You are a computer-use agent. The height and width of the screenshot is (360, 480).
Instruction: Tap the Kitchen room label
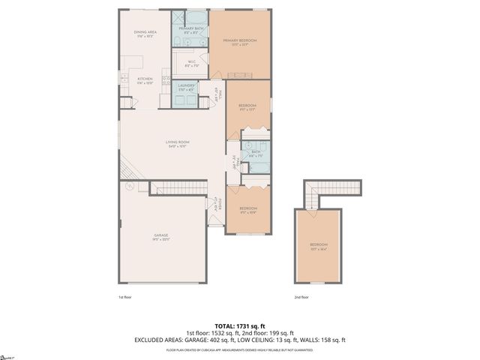145,80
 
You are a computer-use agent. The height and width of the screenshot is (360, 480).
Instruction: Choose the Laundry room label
187,88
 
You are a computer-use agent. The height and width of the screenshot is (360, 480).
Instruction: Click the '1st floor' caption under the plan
125,296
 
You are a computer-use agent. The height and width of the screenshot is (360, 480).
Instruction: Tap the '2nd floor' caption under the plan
302,296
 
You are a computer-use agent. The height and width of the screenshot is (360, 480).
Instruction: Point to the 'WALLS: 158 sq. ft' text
324,340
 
